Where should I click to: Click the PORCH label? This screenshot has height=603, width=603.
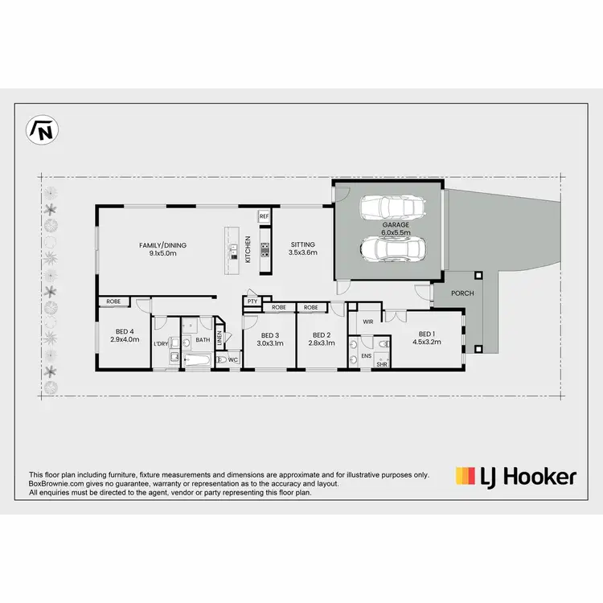[461, 293]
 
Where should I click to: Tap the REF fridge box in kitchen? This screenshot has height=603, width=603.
[264, 216]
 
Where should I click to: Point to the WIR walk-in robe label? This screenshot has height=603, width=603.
[368, 321]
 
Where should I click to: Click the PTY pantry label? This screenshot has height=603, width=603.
[252, 301]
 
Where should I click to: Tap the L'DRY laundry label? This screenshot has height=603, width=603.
[161, 344]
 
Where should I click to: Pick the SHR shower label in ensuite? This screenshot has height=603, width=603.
[382, 363]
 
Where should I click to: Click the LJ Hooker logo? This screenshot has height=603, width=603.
[515, 477]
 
